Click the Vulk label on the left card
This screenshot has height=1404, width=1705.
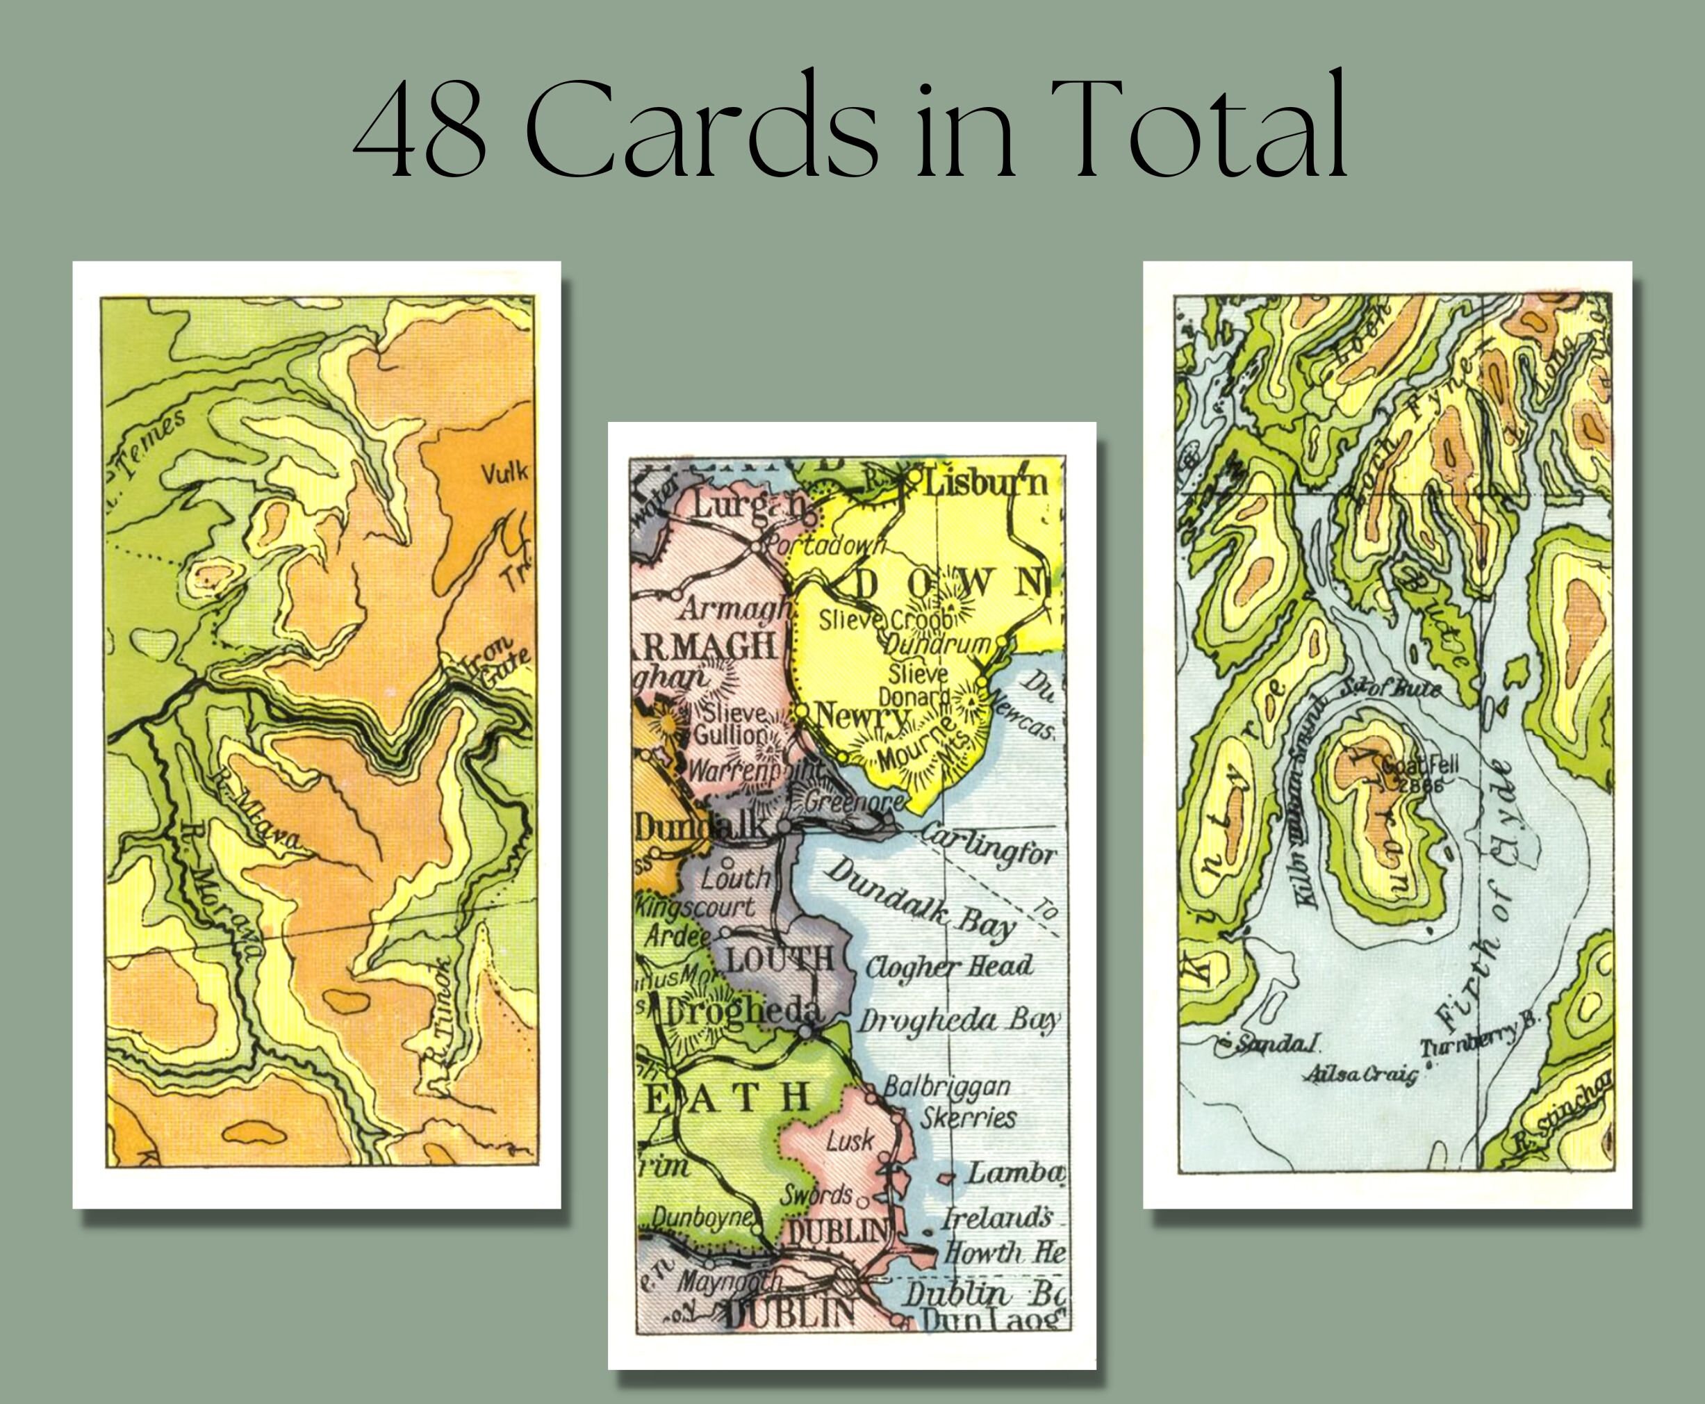504,473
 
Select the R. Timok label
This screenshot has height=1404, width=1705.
444,1027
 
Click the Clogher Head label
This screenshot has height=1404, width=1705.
948,966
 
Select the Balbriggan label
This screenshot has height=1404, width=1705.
946,1086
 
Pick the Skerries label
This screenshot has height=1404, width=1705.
968,1119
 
